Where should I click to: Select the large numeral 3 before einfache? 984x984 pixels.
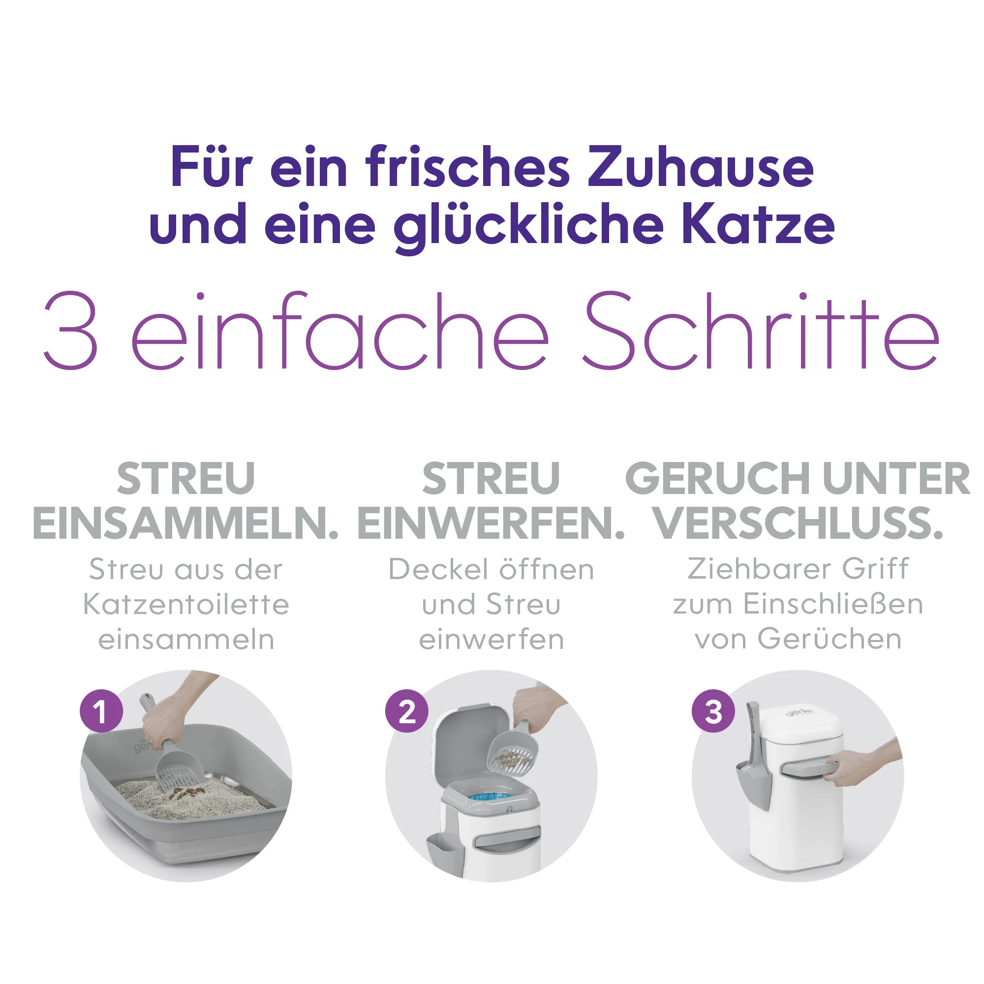click(x=71, y=330)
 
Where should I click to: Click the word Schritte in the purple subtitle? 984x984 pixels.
click(x=761, y=330)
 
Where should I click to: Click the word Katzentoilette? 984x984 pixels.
click(x=186, y=605)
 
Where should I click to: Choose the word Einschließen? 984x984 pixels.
click(x=833, y=604)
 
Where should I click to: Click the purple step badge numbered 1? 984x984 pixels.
click(x=101, y=711)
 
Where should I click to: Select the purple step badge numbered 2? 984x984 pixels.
click(x=407, y=711)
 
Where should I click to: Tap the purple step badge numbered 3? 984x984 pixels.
click(x=713, y=711)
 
